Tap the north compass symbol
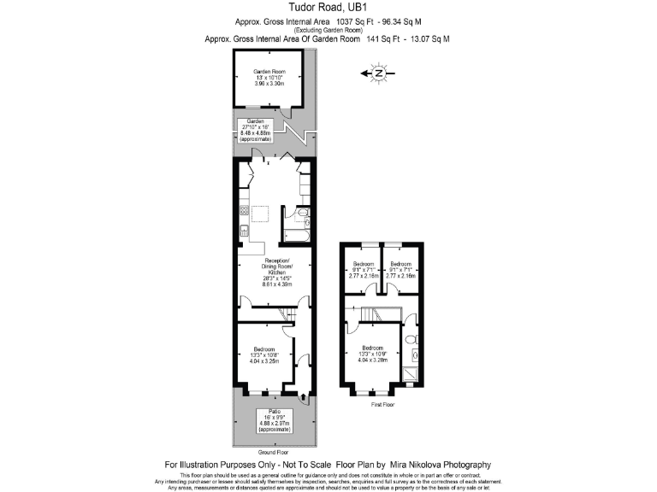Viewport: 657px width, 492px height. (379, 74)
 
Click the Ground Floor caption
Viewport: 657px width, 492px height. (274, 451)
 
